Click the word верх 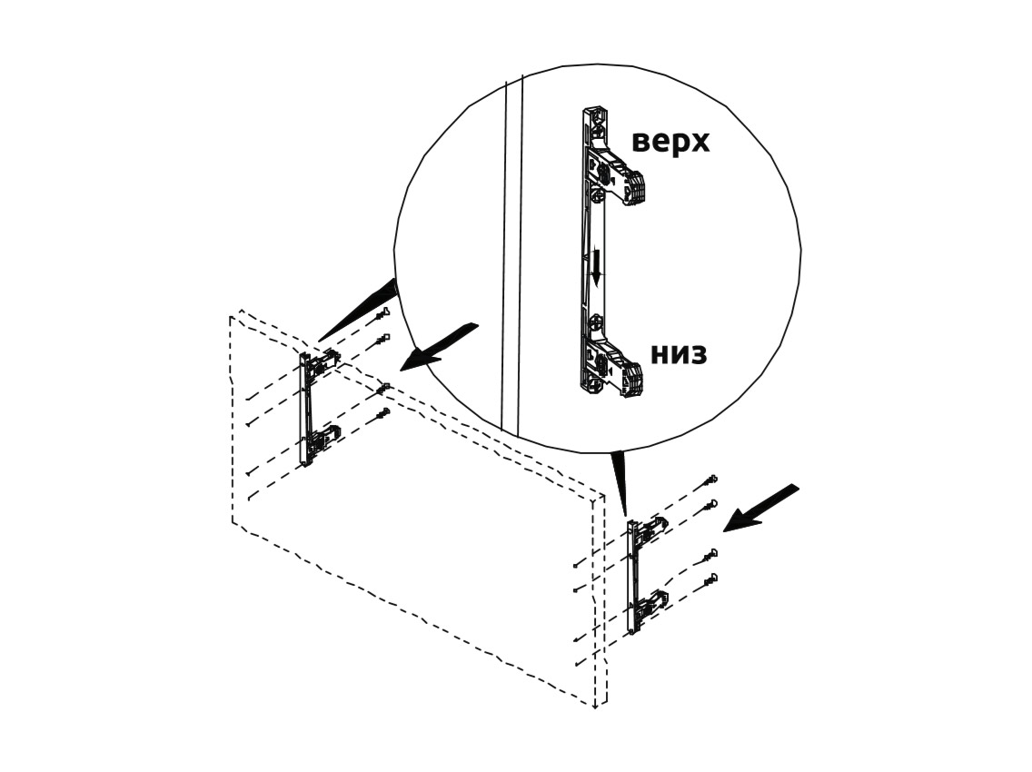point(670,142)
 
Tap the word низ point(679,354)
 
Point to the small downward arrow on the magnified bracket point(596,267)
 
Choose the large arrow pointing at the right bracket point(761,508)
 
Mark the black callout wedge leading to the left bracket point(359,309)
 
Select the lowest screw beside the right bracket point(710,579)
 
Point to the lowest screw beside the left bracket point(382,415)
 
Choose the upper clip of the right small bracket point(652,529)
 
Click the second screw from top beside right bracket point(710,506)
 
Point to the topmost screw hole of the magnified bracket point(598,114)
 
